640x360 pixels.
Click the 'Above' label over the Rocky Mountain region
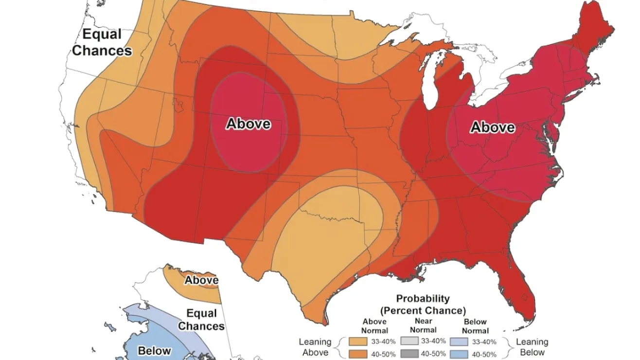point(248,124)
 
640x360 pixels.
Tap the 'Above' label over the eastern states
point(493,127)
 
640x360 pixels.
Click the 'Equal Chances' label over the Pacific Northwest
point(102,42)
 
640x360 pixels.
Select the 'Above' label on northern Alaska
point(201,280)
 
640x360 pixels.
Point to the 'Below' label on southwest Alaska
point(154,351)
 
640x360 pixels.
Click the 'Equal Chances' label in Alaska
point(201,320)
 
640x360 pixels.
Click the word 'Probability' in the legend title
point(423,299)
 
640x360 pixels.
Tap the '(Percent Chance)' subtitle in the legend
point(423,310)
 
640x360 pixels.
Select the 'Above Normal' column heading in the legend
point(374,326)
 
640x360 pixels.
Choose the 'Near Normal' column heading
point(424,325)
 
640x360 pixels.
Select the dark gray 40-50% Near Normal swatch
point(409,354)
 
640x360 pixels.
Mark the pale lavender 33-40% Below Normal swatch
point(459,342)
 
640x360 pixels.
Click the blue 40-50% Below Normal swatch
point(459,354)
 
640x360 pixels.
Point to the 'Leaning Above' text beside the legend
point(315,347)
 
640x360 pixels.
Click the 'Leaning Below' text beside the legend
point(532,347)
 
